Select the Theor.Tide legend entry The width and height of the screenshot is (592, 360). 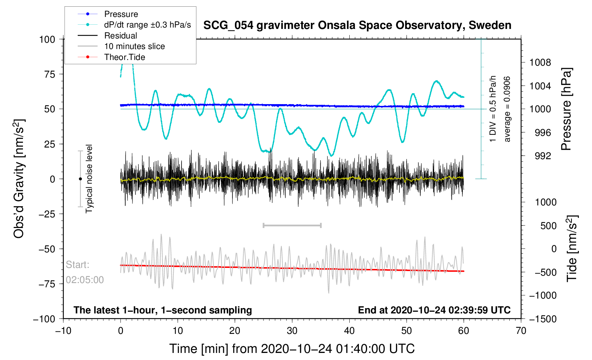[111, 57]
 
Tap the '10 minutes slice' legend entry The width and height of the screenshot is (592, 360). [121, 46]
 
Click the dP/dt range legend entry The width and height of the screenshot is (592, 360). [134, 25]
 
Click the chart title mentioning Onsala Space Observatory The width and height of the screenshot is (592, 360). [357, 25]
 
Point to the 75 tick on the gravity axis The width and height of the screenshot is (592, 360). [50, 74]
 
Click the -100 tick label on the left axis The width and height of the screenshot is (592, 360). [44, 319]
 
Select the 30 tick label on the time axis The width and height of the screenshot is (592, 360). [292, 330]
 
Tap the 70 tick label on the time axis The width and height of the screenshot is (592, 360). [521, 330]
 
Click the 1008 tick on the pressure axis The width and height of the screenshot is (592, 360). [540, 62]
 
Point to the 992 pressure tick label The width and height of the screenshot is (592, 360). [543, 156]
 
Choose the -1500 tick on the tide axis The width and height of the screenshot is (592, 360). [543, 319]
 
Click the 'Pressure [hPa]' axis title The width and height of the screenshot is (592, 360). [567, 109]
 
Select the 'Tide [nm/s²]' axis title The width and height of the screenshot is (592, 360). [573, 248]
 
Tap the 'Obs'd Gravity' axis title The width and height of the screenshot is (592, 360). [19, 179]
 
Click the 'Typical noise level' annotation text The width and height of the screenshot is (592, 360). [89, 179]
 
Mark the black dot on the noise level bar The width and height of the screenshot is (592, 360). [80, 179]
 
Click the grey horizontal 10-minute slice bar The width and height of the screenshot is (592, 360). [292, 225]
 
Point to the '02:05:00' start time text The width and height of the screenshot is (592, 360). [85, 280]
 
